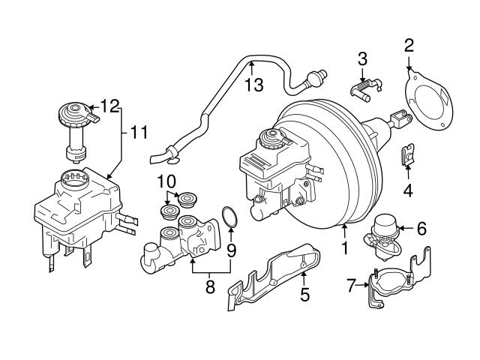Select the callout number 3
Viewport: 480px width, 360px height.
coord(361,58)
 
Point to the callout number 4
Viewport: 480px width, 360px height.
coord(407,190)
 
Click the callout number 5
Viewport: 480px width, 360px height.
coord(304,295)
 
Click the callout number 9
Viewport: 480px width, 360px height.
coord(232,249)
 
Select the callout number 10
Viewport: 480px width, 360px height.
coord(166,181)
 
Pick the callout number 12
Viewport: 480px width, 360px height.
coord(109,106)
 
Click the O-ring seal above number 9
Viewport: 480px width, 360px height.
coord(231,219)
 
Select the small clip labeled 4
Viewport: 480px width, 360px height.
coord(406,155)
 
